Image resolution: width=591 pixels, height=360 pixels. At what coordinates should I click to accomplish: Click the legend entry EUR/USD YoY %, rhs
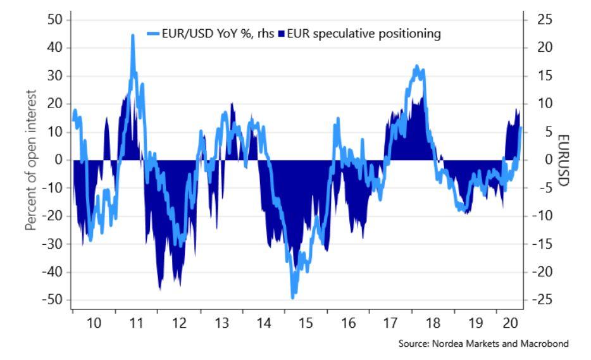[x=209, y=34]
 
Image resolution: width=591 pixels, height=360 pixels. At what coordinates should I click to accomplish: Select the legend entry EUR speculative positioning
[x=363, y=34]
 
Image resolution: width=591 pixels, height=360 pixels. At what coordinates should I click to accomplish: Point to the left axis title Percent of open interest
[x=31, y=159]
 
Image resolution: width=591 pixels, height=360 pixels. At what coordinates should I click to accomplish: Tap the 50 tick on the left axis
[x=54, y=20]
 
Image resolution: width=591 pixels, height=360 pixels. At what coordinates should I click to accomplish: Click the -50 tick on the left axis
[x=53, y=300]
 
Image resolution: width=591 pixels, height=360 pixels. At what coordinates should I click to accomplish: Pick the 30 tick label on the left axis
[x=54, y=76]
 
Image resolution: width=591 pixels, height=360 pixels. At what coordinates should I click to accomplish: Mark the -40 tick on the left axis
[x=53, y=272]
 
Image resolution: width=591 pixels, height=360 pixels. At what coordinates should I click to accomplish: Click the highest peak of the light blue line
[x=133, y=36]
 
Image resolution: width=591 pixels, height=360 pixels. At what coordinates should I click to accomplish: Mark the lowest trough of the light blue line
[x=292, y=297]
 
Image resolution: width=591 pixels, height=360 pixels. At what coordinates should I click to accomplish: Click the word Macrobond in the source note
[x=547, y=344]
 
